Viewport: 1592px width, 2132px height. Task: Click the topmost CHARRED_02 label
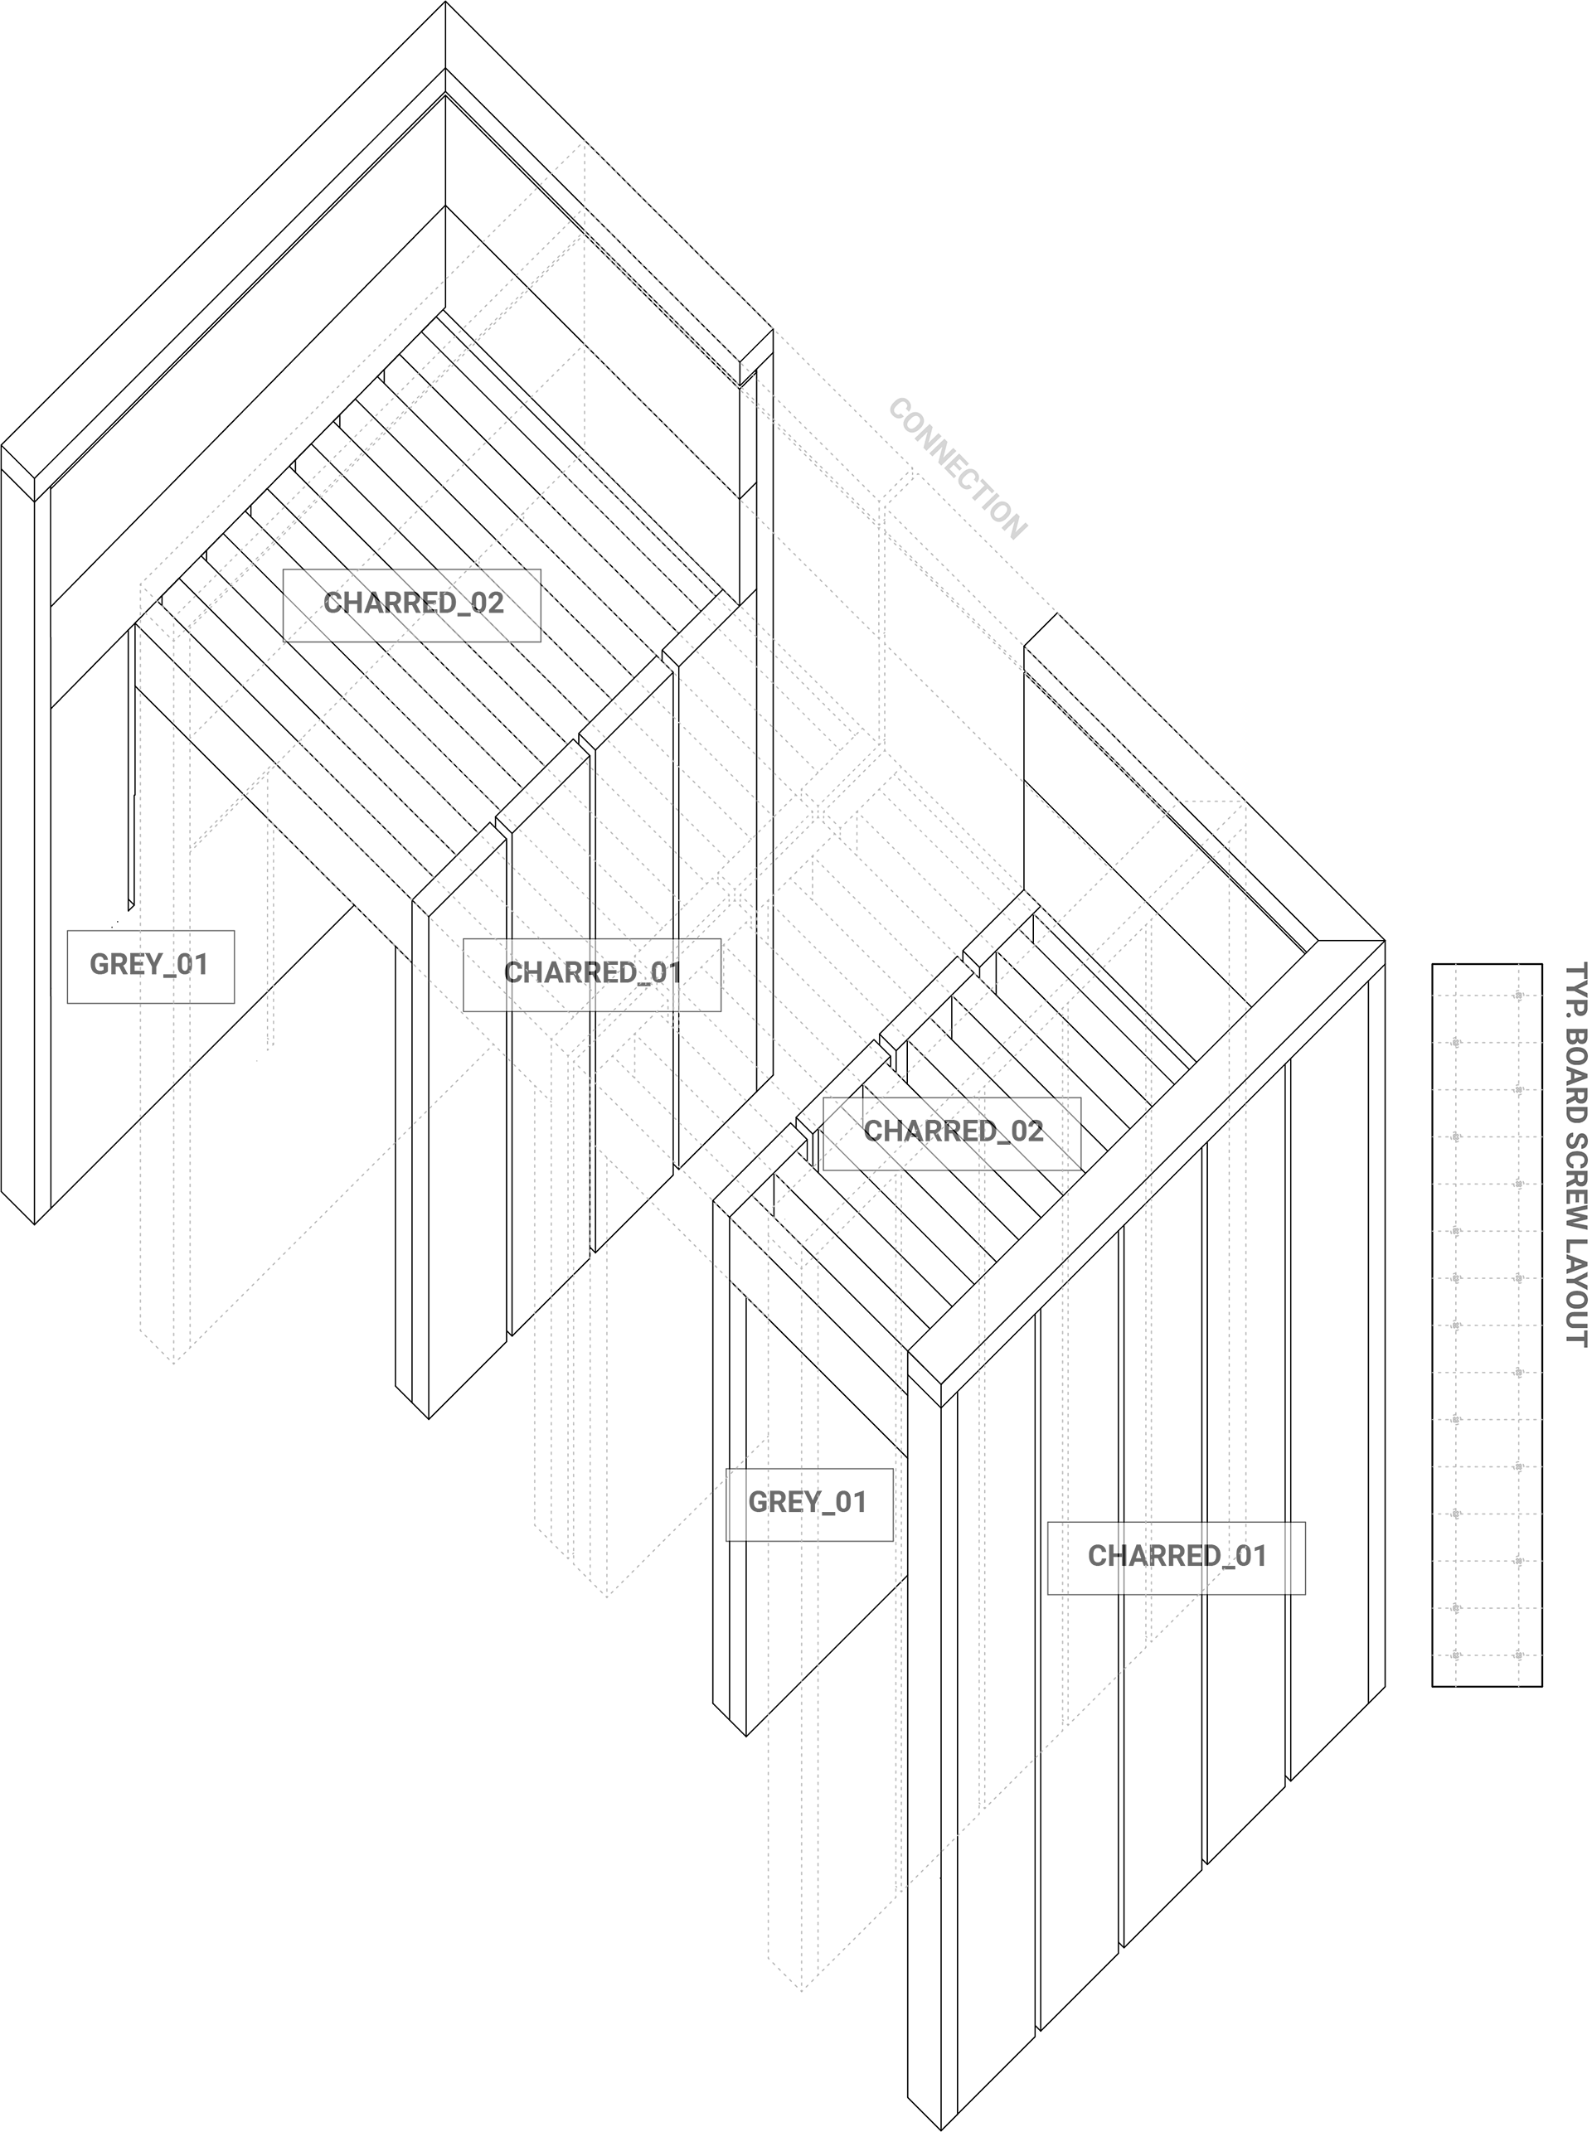pos(411,604)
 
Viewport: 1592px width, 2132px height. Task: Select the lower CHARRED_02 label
pos(951,1132)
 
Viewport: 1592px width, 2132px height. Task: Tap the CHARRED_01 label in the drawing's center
pos(592,974)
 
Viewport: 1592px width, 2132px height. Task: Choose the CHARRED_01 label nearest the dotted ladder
pos(1176,1557)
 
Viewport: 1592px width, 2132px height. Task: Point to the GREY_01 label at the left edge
pos(150,966)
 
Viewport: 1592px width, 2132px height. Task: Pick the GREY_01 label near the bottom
pos(808,1503)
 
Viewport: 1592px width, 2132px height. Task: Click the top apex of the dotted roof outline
pos(584,143)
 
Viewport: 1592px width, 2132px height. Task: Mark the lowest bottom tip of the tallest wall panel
pos(802,1989)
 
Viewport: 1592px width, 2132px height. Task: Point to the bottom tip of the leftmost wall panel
pos(174,1364)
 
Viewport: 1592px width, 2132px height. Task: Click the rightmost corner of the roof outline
pos(1245,802)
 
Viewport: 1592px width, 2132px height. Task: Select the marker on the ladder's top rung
pos(1519,996)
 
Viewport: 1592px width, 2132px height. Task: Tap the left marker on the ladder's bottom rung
pos(1456,1655)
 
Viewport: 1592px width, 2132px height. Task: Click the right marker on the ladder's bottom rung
pos(1519,1655)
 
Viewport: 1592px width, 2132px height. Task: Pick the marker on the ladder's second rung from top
pos(1456,1043)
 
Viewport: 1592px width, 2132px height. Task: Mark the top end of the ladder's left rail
pos(1456,967)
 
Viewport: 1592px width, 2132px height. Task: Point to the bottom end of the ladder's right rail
pos(1519,1686)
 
